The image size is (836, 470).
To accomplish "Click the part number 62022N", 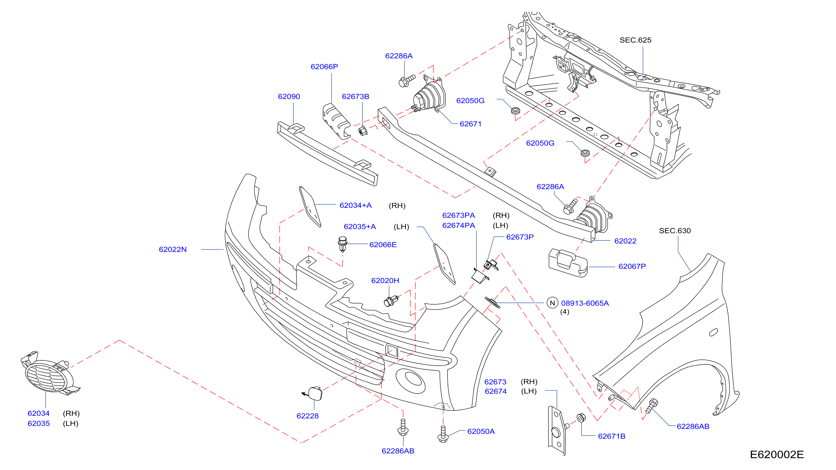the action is tap(173, 250).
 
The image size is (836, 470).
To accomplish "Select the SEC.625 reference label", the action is tap(635, 40).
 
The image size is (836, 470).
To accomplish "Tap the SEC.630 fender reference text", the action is tap(675, 231).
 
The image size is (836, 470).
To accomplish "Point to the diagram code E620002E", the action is tap(777, 454).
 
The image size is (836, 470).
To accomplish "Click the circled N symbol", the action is tap(552, 303).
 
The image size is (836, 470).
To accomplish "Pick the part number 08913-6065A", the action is tap(585, 303).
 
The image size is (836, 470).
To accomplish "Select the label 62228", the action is tap(308, 416).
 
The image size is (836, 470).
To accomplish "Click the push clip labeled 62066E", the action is tap(342, 244).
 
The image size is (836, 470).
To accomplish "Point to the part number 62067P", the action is tap(632, 266).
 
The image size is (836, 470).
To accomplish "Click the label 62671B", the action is tap(612, 436).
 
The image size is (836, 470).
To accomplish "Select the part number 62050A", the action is tap(481, 431).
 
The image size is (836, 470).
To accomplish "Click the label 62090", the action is tap(289, 97).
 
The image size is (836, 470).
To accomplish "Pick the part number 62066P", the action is tap(324, 67).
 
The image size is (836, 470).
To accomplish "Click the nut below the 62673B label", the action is tap(362, 130).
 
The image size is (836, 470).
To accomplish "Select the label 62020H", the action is tap(385, 281).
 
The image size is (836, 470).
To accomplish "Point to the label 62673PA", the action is tap(458, 216).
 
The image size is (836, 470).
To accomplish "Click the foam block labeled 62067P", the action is tap(567, 263).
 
